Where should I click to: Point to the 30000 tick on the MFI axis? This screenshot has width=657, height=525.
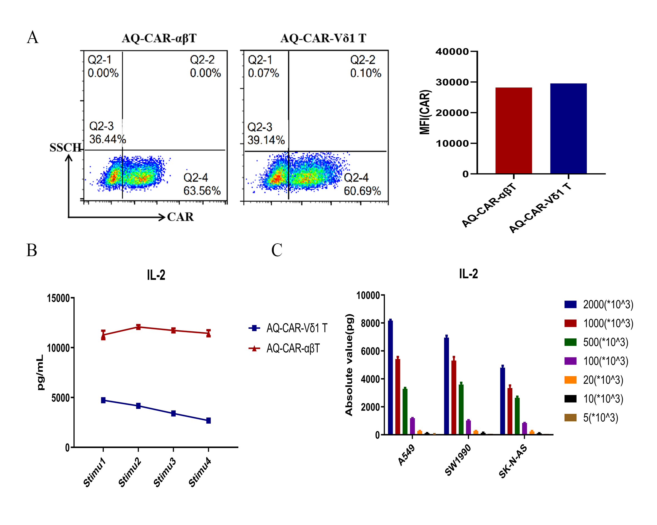[452, 82]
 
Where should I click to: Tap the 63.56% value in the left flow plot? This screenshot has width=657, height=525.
[202, 191]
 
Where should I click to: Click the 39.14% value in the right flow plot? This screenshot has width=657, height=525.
[266, 140]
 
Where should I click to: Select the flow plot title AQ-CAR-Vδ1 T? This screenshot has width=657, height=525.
[323, 38]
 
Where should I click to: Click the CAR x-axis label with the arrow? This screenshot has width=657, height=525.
[180, 217]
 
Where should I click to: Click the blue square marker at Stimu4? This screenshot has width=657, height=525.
[208, 421]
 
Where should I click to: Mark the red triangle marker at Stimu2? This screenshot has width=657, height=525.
[138, 327]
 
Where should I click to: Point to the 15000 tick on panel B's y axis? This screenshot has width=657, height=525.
[58, 298]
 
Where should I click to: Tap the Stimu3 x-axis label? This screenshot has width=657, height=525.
[165, 472]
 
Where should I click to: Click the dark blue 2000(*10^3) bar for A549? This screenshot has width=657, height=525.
[390, 377]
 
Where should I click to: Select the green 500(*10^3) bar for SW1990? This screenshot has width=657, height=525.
[461, 409]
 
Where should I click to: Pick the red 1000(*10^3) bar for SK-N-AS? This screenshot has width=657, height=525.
[510, 411]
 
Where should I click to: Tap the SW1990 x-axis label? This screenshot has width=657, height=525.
[458, 459]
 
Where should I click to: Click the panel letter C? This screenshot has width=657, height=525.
[277, 250]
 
